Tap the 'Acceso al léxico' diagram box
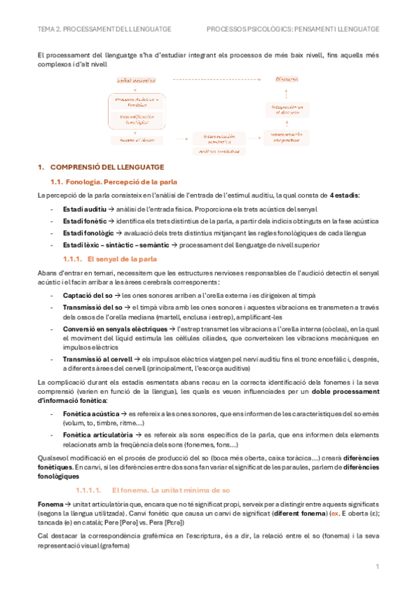136,139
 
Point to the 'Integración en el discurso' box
287,109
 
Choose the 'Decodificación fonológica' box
136,119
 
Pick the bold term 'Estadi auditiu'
84,208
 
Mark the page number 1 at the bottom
377,567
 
